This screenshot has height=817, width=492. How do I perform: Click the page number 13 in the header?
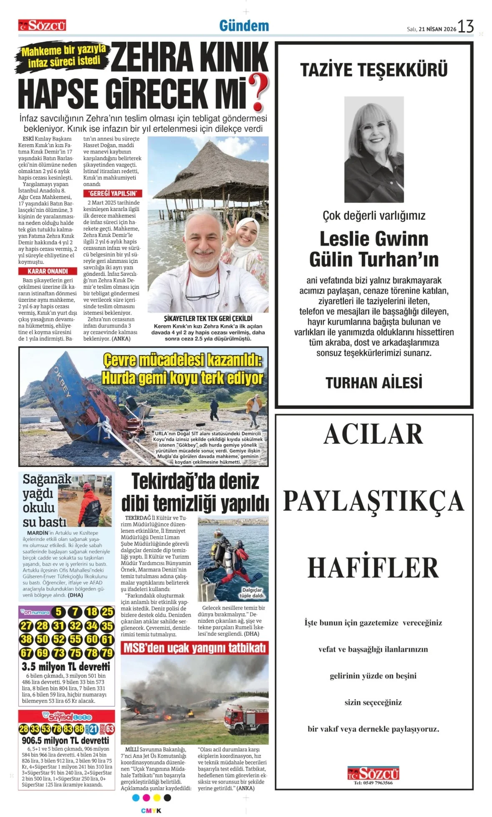[x=465, y=26]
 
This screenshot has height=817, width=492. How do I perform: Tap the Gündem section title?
[x=244, y=26]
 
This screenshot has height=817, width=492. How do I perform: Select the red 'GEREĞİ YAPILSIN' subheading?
[x=113, y=193]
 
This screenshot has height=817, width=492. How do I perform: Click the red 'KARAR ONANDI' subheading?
[x=48, y=271]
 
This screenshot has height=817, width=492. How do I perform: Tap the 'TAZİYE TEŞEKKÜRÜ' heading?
[x=374, y=70]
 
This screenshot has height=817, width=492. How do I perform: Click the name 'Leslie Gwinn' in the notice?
[x=374, y=239]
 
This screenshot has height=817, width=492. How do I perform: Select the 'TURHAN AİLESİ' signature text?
[x=374, y=383]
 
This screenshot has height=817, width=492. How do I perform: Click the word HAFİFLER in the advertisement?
[x=373, y=567]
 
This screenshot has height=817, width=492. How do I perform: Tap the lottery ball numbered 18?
[x=91, y=612]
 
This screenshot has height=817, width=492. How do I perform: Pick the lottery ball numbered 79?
[x=107, y=652]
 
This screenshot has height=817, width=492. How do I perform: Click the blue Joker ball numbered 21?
[x=93, y=729]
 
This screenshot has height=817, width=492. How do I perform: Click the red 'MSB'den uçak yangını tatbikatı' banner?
[x=194, y=648]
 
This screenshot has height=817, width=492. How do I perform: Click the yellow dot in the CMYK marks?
[x=157, y=797]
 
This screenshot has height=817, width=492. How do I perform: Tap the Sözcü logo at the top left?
[x=42, y=25]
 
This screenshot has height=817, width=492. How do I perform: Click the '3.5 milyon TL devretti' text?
[x=66, y=666]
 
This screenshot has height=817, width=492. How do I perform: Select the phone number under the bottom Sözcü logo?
[x=373, y=783]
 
